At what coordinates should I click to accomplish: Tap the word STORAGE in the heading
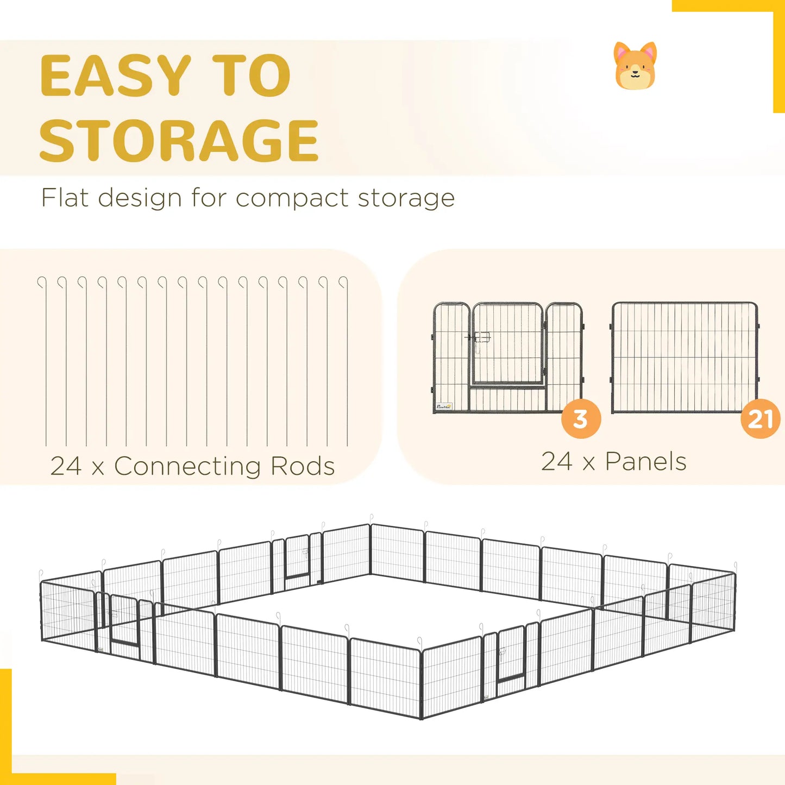click(x=179, y=140)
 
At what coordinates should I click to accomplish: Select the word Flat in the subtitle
click(x=65, y=198)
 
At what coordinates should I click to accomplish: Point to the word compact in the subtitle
click(x=292, y=199)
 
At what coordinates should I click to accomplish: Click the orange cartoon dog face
click(x=635, y=65)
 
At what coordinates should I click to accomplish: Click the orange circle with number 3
click(x=581, y=419)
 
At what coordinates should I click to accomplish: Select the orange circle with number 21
click(x=760, y=419)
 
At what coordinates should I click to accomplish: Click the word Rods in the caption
click(x=302, y=466)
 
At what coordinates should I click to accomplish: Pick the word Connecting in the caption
click(x=187, y=467)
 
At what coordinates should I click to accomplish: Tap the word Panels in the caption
click(x=646, y=462)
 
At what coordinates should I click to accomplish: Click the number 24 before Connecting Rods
click(x=66, y=467)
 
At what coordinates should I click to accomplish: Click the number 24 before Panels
click(x=556, y=462)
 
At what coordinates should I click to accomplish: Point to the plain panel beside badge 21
click(x=684, y=357)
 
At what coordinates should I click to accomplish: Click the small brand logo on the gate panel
click(x=444, y=406)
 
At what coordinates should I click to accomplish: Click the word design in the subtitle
click(x=139, y=199)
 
